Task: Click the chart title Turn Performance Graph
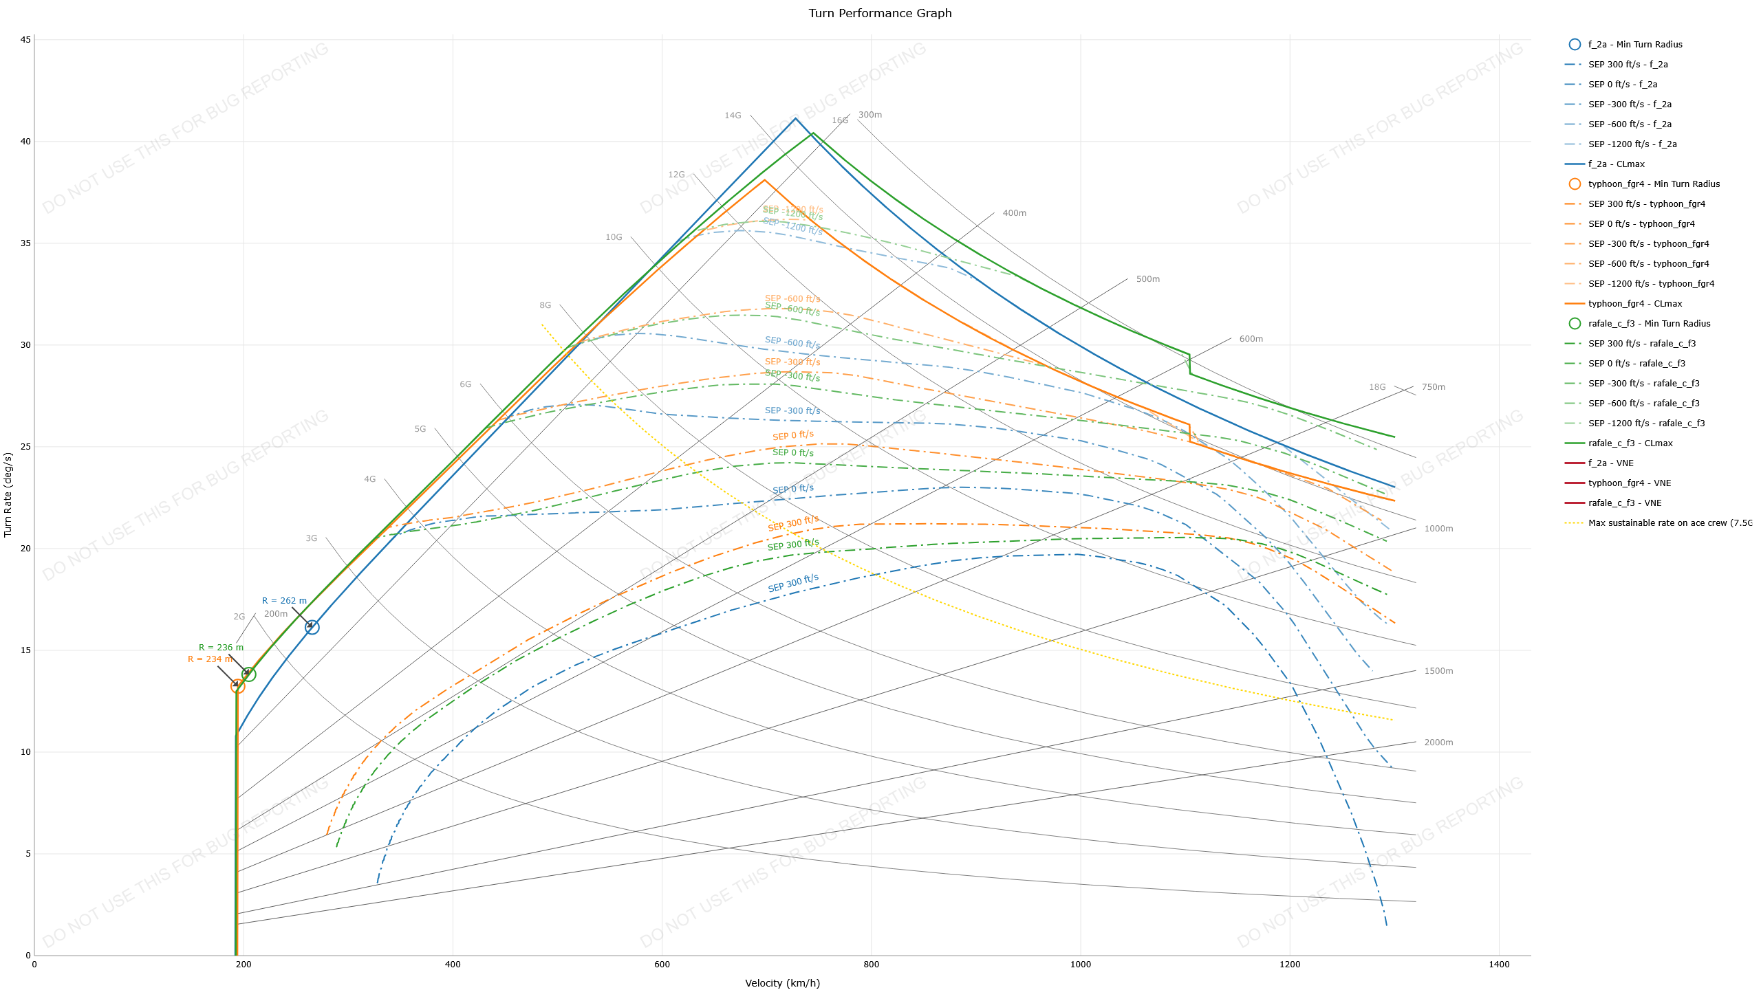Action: (x=880, y=13)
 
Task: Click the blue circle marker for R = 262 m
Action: (x=312, y=627)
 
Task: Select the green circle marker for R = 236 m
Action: (x=248, y=674)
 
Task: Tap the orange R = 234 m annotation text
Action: (x=210, y=659)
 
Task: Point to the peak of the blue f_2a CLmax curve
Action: (x=795, y=118)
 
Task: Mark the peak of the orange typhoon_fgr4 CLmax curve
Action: (x=764, y=180)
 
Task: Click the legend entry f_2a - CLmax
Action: (x=1616, y=164)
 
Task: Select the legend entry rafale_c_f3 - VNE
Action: (x=1624, y=503)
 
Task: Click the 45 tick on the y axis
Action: (x=25, y=40)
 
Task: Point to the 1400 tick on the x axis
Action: (x=1499, y=965)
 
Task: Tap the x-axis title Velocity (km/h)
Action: (x=782, y=983)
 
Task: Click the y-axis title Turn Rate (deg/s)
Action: (x=8, y=494)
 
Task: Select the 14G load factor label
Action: (x=733, y=115)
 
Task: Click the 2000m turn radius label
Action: (x=1438, y=742)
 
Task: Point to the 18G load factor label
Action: (x=1377, y=387)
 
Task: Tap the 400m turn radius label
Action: (x=1014, y=213)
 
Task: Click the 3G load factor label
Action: (x=312, y=538)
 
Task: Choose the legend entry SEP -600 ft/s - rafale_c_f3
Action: (x=1643, y=404)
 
